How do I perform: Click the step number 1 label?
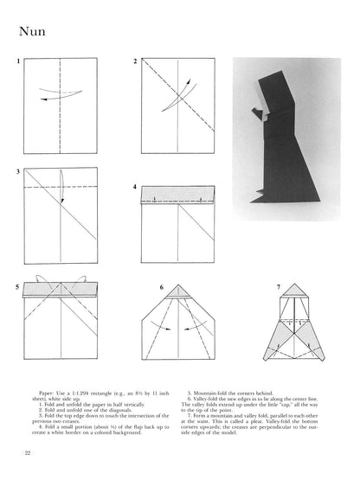click(17, 63)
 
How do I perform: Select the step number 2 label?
click(134, 63)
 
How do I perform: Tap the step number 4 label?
click(134, 186)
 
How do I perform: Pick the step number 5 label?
click(17, 285)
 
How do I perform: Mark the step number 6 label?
click(161, 286)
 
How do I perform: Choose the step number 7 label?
click(277, 286)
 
